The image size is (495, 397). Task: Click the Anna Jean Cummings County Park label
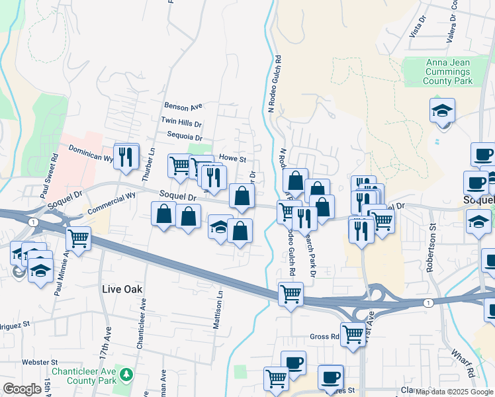point(449,71)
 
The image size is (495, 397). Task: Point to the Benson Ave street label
point(183,106)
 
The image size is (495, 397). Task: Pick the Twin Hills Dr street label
point(181,122)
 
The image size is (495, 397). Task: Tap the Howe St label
point(232,159)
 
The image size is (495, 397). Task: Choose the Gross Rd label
point(324,337)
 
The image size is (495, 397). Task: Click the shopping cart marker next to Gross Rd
point(353,335)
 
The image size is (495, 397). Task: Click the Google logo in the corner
point(22,389)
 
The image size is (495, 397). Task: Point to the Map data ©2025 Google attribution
point(453,392)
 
